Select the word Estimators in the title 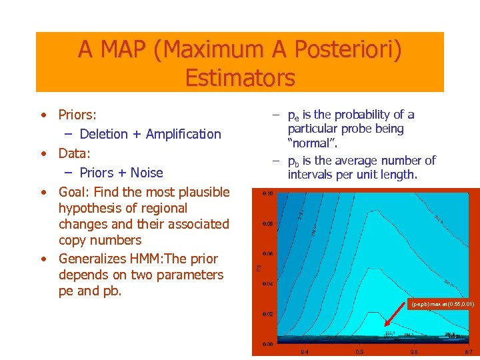(240, 78)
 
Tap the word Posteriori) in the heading (347, 50)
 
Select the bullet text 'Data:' (74, 153)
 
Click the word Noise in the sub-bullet (147, 173)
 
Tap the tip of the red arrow (385, 329)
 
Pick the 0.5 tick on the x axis (359, 351)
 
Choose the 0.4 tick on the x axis (304, 351)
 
